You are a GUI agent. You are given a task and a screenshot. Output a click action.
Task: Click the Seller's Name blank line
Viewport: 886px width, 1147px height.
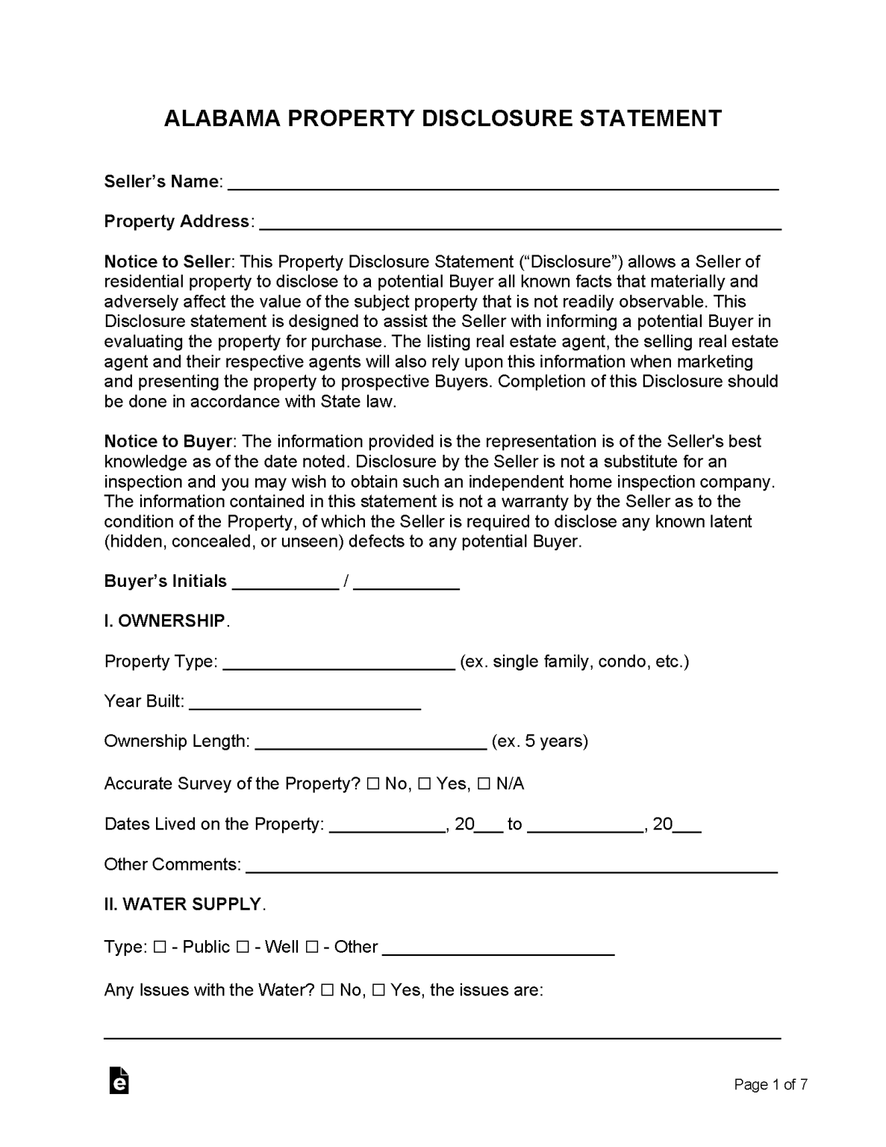(502, 184)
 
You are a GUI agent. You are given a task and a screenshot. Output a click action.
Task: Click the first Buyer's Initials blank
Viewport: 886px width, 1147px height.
(285, 583)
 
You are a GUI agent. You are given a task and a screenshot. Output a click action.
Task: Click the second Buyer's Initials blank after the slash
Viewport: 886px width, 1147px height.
(405, 583)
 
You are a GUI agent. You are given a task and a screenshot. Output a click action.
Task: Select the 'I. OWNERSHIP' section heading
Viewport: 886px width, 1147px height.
(164, 621)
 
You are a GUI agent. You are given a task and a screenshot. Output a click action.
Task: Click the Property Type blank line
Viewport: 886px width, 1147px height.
(339, 664)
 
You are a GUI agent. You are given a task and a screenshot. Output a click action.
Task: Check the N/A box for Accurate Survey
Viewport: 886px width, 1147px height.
(484, 784)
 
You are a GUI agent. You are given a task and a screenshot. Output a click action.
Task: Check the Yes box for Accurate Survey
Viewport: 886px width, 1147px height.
(424, 784)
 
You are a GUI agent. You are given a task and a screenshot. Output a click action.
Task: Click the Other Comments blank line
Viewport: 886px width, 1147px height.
(511, 866)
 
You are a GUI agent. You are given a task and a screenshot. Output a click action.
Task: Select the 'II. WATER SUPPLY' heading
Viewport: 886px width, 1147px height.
(182, 904)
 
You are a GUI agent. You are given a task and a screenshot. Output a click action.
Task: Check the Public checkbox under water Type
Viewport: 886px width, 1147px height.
(159, 947)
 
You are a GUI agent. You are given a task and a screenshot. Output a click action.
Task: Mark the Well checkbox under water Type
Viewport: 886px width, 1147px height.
(243, 947)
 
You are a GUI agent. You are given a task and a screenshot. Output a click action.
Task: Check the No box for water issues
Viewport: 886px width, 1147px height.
(327, 990)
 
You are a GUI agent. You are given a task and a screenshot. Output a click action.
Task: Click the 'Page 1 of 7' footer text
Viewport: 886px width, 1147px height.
(770, 1084)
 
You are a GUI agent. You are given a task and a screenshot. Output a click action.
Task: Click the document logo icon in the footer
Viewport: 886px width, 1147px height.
(119, 1081)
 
